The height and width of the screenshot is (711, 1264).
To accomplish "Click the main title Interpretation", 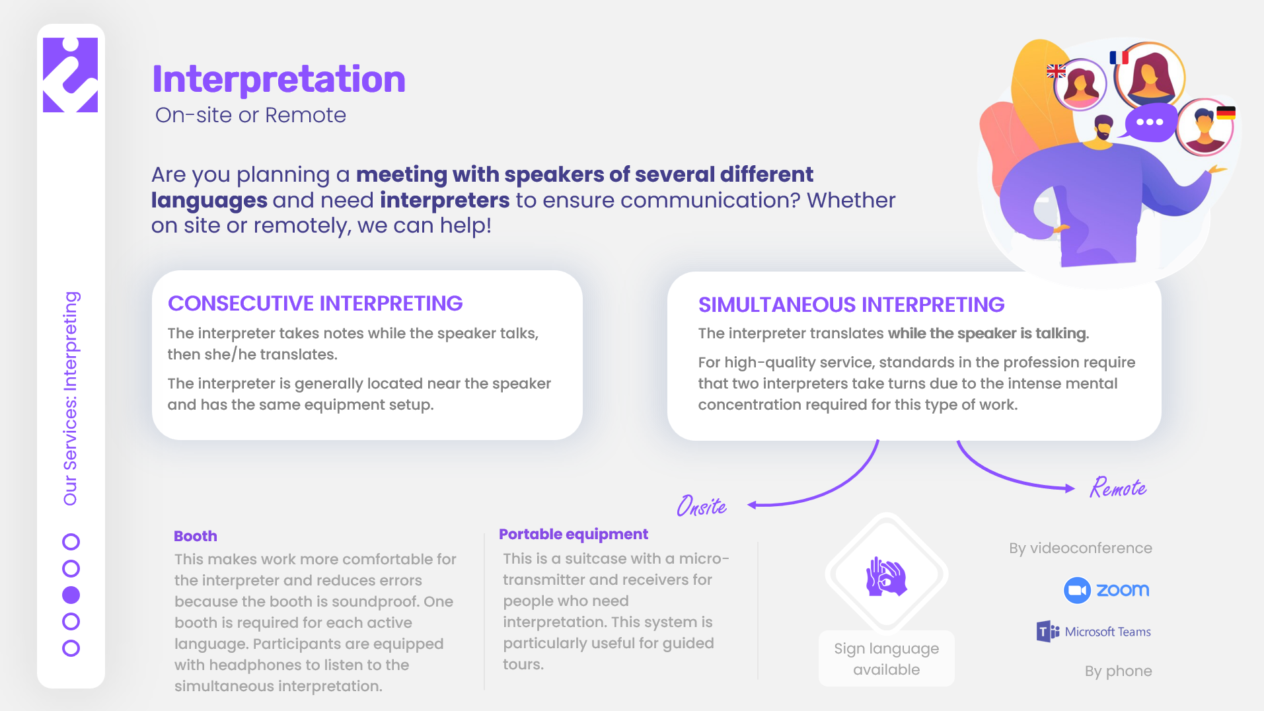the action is click(x=279, y=79).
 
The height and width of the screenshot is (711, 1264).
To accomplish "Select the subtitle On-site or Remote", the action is click(x=250, y=115).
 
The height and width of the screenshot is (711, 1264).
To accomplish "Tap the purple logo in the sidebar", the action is click(x=70, y=75).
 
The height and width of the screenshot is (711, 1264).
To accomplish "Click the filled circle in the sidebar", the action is click(x=71, y=595).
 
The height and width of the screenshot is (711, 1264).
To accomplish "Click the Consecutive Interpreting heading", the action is click(x=315, y=303).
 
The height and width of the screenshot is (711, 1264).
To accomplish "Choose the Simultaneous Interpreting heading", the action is click(x=851, y=305).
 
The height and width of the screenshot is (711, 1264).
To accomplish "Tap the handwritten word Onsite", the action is click(x=702, y=506).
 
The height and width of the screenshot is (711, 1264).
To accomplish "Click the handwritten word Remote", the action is click(x=1118, y=488).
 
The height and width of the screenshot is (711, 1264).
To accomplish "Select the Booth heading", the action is click(x=196, y=536).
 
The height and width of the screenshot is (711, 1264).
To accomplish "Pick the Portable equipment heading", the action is click(x=574, y=534).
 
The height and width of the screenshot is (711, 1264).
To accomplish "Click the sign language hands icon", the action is click(x=886, y=576).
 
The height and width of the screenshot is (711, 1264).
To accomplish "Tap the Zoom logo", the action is click(x=1106, y=590).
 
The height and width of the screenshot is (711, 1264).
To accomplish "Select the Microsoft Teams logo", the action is click(x=1094, y=632).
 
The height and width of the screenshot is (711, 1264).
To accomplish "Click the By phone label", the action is click(x=1118, y=671).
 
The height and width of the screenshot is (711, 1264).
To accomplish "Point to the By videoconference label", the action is click(x=1080, y=548).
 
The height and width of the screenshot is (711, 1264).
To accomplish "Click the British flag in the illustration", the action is click(x=1056, y=71).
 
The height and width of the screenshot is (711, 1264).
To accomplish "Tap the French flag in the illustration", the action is click(x=1119, y=57).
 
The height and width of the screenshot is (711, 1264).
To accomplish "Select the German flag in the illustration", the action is click(x=1226, y=113).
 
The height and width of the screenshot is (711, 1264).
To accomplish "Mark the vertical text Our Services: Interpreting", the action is click(x=71, y=398).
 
